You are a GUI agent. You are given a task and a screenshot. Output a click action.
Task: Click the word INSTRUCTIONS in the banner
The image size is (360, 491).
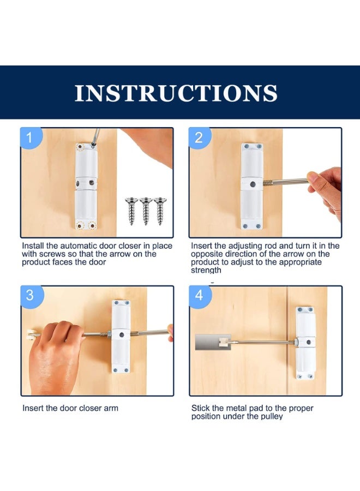click(x=176, y=93)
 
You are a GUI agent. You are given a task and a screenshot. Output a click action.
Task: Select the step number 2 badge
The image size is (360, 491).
click(x=199, y=138)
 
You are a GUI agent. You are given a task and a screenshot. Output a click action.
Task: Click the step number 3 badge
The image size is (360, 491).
click(x=31, y=295)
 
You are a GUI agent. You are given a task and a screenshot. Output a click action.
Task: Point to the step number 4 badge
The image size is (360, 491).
click(x=199, y=295)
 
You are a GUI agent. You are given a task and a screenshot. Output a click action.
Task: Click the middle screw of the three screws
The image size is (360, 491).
click(x=146, y=209)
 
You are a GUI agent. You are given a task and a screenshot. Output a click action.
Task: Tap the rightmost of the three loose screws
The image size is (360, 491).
click(x=160, y=209)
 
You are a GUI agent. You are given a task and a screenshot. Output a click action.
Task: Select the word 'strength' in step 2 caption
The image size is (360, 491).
click(x=206, y=270)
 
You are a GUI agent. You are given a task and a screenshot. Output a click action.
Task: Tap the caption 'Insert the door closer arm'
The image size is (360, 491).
click(x=70, y=408)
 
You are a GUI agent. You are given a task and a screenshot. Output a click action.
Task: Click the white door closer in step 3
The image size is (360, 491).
click(x=121, y=336)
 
